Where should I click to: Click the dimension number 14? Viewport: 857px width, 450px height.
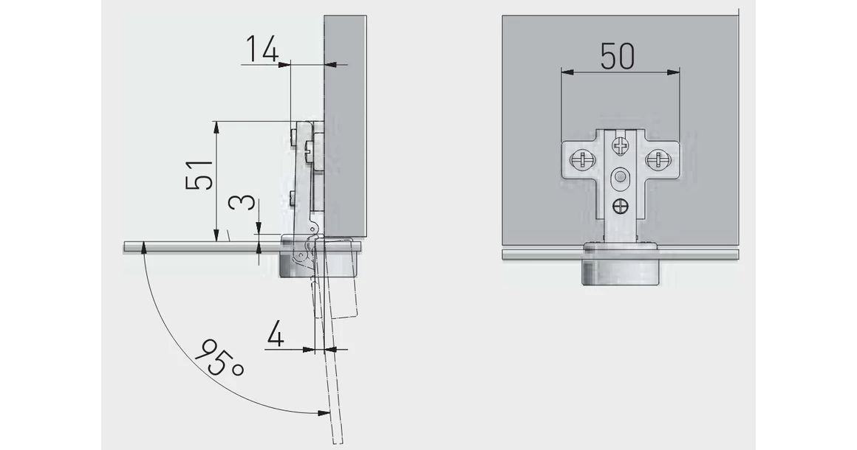(262, 49)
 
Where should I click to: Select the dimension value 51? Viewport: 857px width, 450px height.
(199, 175)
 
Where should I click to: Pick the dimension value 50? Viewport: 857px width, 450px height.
(618, 56)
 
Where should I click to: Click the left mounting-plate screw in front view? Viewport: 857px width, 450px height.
(581, 160)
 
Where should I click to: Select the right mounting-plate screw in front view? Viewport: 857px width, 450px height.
(657, 160)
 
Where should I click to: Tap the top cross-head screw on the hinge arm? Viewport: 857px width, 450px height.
(620, 145)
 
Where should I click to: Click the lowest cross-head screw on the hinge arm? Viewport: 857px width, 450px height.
(621, 206)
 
